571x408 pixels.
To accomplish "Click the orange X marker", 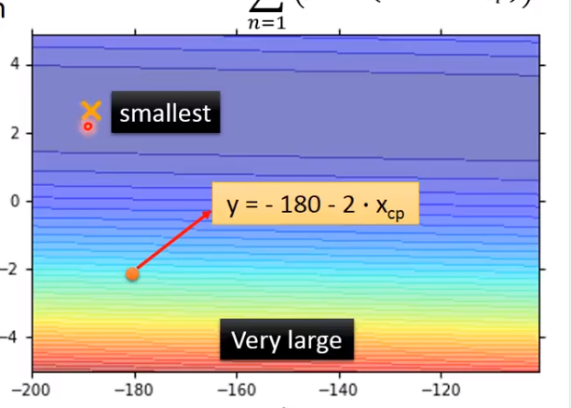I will click(x=90, y=110).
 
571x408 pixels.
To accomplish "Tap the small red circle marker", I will click(x=88, y=127).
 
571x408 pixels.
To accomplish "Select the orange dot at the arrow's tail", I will click(x=132, y=274).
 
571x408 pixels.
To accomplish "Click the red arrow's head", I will click(x=210, y=212).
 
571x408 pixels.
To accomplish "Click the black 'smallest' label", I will click(x=165, y=114).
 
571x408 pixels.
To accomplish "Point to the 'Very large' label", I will click(x=286, y=341).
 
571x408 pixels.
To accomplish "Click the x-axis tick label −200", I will click(x=33, y=391).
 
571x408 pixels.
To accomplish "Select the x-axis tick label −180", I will click(x=134, y=391).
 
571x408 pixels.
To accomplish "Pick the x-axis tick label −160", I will click(x=236, y=391).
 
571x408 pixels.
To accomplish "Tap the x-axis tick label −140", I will click(x=338, y=391).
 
